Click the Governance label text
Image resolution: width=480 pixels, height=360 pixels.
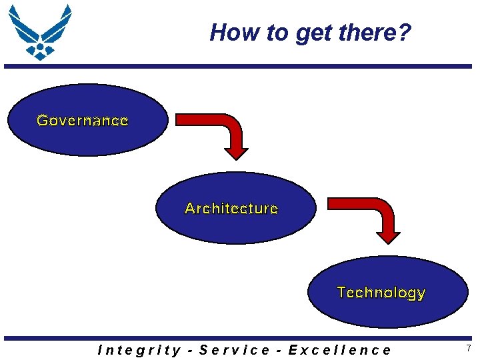coord(83,121)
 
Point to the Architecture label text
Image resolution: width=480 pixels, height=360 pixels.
coord(231,209)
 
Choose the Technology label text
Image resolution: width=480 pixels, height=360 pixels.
coord(381,293)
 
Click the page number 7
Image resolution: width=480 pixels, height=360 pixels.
coord(468,349)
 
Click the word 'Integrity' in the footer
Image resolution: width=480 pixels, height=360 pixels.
coord(139,350)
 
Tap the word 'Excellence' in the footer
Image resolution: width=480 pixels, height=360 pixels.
coord(340,350)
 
